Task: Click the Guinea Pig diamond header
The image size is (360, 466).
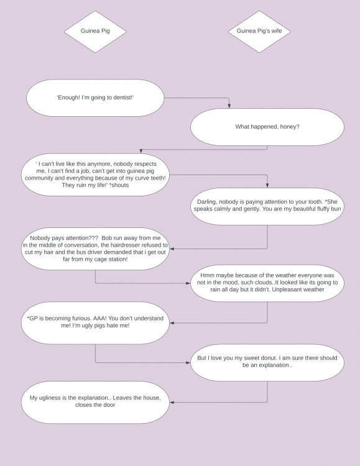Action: click(x=95, y=32)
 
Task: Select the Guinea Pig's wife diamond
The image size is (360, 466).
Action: click(x=259, y=32)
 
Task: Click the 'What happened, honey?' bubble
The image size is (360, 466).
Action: click(x=267, y=127)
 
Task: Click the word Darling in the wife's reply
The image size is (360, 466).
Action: click(x=207, y=202)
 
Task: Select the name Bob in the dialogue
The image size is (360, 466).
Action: click(x=106, y=238)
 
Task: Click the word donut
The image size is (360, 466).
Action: click(x=267, y=358)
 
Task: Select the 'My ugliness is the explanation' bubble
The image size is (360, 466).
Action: click(x=95, y=403)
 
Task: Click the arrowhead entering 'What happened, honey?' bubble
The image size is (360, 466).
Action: click(x=229, y=106)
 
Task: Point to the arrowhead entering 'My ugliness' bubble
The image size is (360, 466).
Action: click(x=172, y=403)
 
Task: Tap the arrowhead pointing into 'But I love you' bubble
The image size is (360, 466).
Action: click(x=188, y=363)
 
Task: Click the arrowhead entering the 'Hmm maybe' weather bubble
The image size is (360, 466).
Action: click(x=188, y=283)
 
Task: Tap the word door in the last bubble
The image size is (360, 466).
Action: click(x=109, y=404)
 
